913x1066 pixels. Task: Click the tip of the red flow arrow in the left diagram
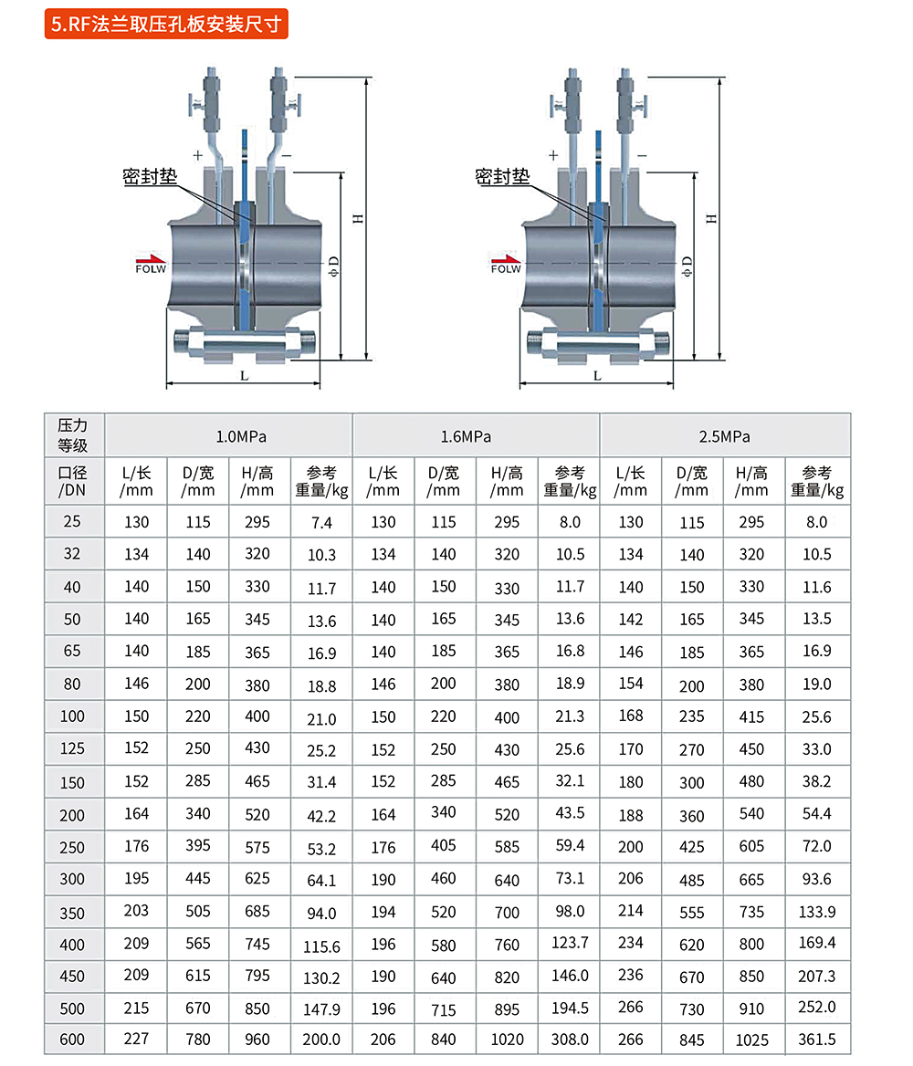166,260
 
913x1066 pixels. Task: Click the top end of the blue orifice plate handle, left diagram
245,130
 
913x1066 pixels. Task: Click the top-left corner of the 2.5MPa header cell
600,413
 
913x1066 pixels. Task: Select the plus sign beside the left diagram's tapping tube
198,156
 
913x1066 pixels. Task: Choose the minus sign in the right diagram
642,156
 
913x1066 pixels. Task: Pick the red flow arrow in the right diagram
506,260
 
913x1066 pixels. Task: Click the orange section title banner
167,24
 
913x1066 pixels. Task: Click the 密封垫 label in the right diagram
502,177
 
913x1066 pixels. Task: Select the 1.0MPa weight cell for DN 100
321,717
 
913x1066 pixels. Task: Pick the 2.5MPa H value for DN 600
751,1040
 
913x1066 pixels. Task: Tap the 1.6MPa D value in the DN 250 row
444,845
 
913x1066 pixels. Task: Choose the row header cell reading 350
73,913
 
